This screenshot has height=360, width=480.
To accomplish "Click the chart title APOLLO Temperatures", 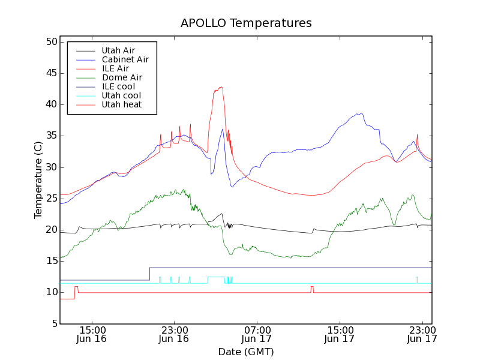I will pyautogui.click(x=246, y=23).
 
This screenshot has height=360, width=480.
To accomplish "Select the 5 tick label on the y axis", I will pyautogui.click(x=53, y=323).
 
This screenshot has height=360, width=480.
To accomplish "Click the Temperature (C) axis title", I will pyautogui.click(x=38, y=180).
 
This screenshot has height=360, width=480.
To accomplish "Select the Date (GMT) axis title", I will pyautogui.click(x=246, y=352).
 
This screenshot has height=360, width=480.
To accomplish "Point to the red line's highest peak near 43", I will pyautogui.click(x=221, y=88).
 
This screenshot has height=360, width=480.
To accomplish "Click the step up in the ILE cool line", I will pyautogui.click(x=149, y=274).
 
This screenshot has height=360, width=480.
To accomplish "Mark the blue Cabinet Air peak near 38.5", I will pyautogui.click(x=360, y=113).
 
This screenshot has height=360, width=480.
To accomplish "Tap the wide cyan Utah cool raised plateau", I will pyautogui.click(x=215, y=277).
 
